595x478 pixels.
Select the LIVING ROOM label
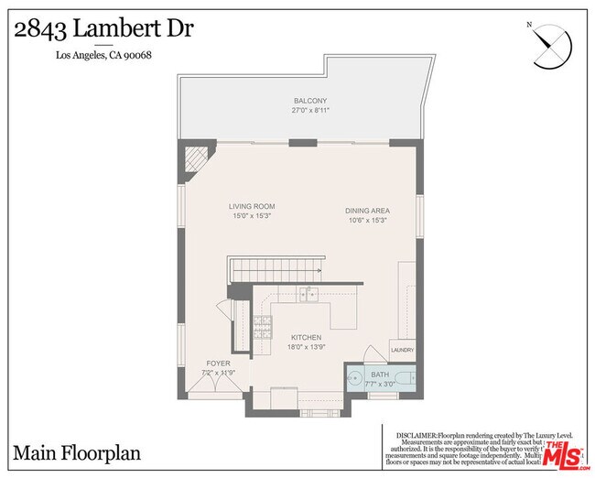point(252,207)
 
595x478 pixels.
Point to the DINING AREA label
point(368,211)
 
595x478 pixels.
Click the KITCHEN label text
point(307,338)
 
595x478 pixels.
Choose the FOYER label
point(218,364)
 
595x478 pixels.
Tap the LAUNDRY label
point(403,350)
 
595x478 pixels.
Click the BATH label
point(379,375)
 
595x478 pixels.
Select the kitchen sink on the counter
point(310,294)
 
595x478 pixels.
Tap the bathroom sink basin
point(354,375)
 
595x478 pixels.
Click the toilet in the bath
point(410,376)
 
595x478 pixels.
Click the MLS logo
point(566,454)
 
